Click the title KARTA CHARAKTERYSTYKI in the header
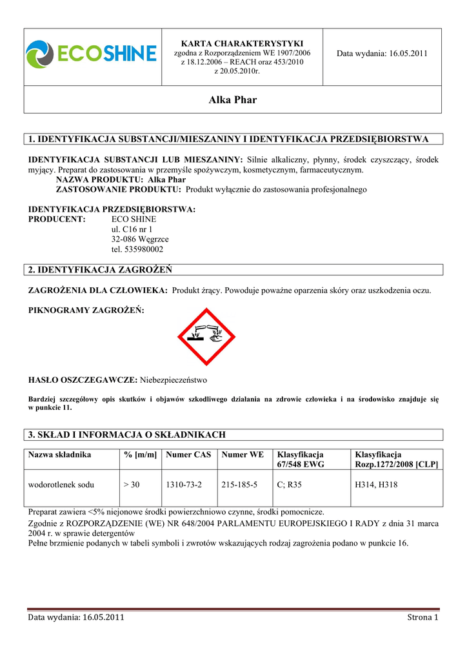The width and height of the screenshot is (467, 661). pyautogui.click(x=242, y=43)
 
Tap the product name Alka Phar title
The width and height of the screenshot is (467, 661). pyautogui.click(x=233, y=100)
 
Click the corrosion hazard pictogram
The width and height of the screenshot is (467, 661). pyautogui.click(x=206, y=337)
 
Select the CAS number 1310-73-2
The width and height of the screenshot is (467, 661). pyautogui.click(x=184, y=484)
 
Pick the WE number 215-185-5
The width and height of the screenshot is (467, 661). pyautogui.click(x=239, y=484)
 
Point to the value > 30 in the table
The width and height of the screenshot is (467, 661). pyautogui.click(x=131, y=484)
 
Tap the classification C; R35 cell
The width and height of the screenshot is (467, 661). pyautogui.click(x=289, y=484)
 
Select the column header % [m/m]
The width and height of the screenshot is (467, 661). pyautogui.click(x=140, y=454)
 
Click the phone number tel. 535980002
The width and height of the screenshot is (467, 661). pyautogui.click(x=137, y=249)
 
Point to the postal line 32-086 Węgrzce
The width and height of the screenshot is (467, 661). pyautogui.click(x=140, y=239)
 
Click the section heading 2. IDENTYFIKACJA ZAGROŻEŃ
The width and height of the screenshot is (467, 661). pyautogui.click(x=100, y=269)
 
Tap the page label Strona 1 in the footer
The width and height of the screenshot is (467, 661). pyautogui.click(x=422, y=618)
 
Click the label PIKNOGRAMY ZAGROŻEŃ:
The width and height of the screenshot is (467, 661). pyautogui.click(x=86, y=310)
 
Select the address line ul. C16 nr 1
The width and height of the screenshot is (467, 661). pyautogui.click(x=132, y=229)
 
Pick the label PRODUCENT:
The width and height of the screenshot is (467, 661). pyautogui.click(x=57, y=219)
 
